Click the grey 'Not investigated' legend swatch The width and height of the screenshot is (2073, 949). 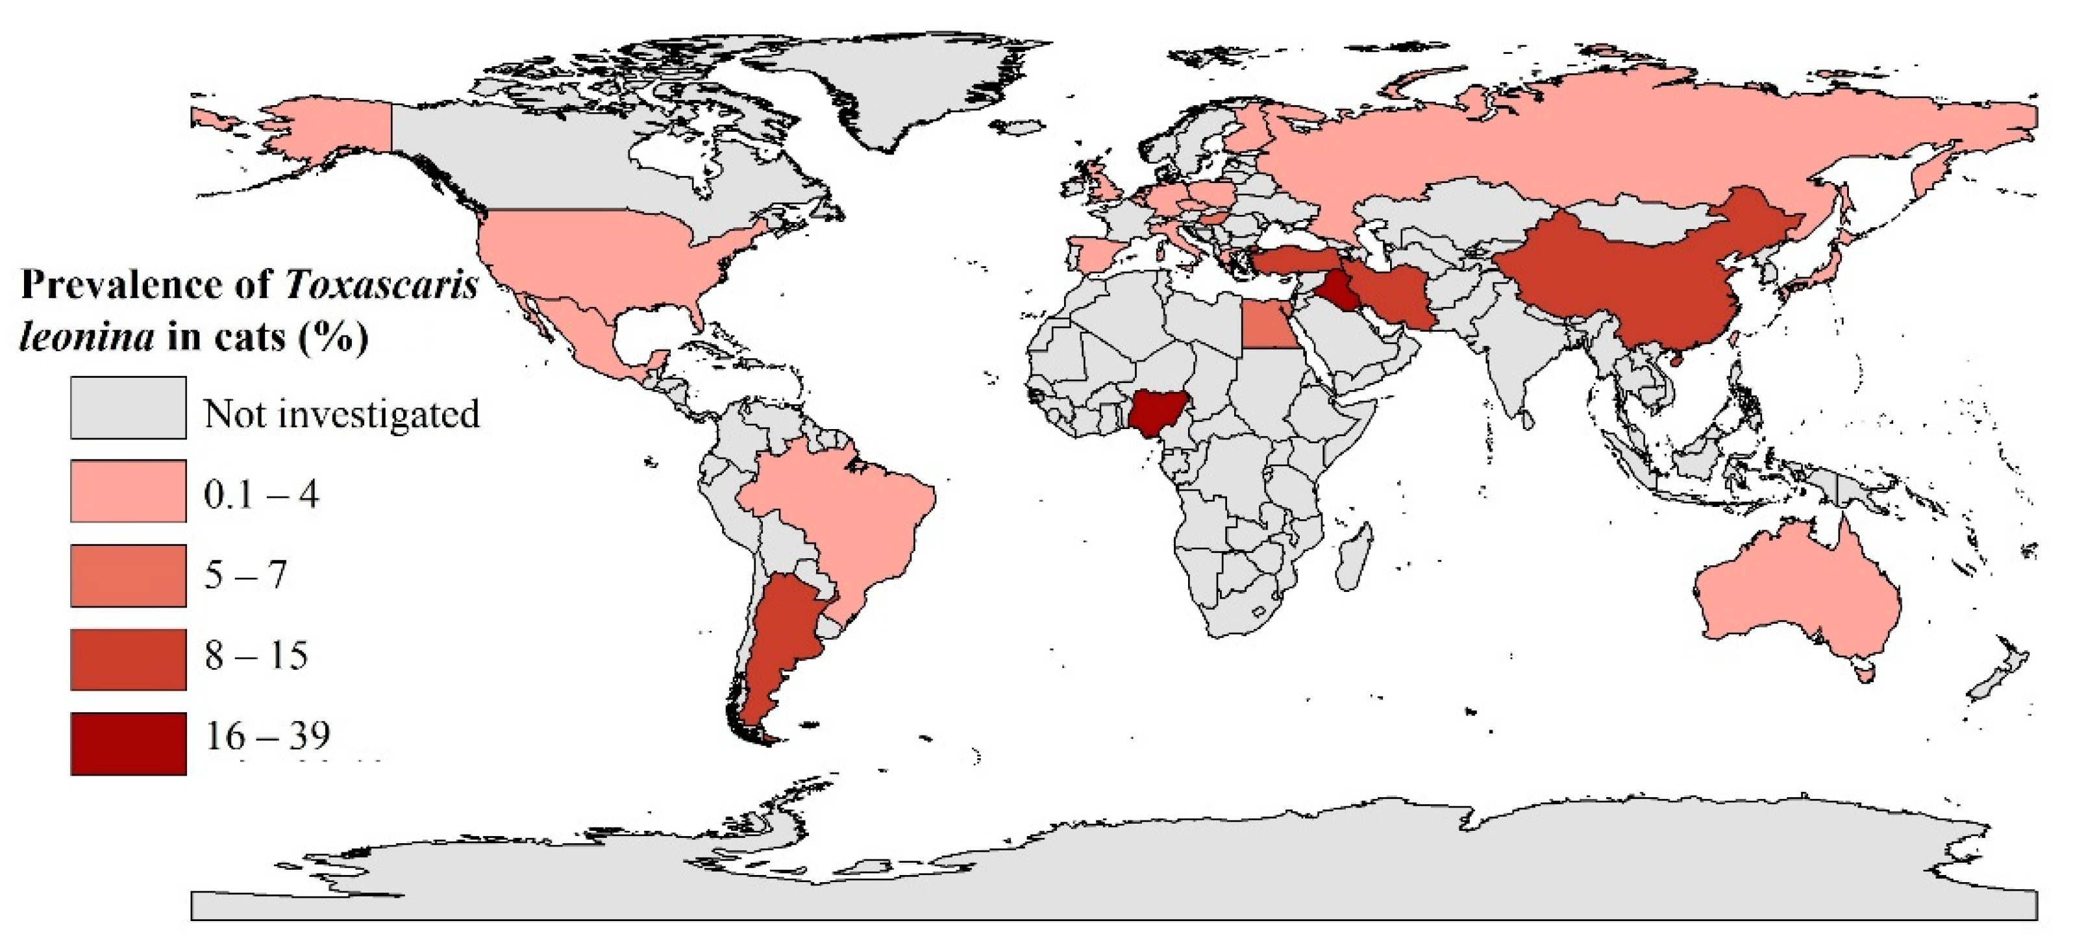coord(128,408)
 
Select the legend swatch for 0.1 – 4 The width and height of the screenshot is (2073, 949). coord(128,491)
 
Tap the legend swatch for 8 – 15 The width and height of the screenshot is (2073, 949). coord(128,659)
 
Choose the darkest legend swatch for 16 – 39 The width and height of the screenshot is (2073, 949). coord(128,743)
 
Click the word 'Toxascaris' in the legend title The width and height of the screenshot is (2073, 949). coord(382,285)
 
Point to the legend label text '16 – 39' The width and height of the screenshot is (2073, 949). coord(267,735)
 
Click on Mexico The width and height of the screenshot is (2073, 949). coord(564,330)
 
